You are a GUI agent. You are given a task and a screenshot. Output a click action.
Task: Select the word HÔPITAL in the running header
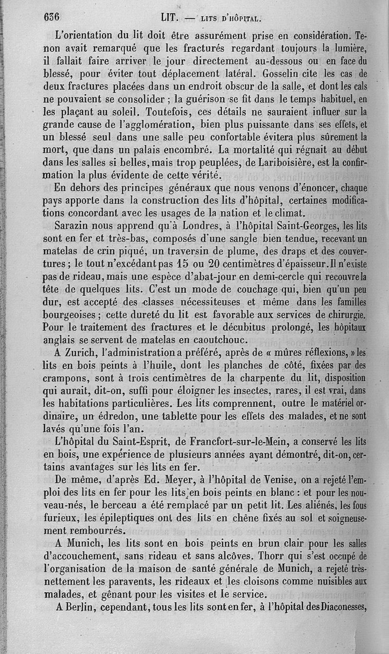pyautogui.click(x=245, y=19)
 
